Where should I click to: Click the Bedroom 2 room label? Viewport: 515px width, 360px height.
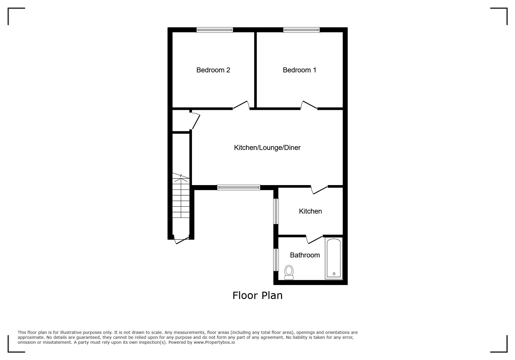tap(213, 70)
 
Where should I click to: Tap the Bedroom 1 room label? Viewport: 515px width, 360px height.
tap(300, 70)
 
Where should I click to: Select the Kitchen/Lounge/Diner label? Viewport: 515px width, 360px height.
tap(267, 148)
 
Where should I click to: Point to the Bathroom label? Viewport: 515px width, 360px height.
tap(305, 255)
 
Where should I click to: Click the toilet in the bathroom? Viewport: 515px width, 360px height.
tap(289, 272)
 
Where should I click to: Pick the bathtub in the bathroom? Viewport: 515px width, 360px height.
tap(334, 258)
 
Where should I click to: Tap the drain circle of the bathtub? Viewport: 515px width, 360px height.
tap(334, 274)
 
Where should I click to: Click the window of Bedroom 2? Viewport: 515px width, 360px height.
tap(215, 30)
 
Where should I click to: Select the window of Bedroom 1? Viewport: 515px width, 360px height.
tap(302, 30)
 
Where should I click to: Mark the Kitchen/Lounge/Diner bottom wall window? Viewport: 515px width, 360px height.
tap(239, 187)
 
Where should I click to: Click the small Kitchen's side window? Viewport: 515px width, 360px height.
tap(276, 211)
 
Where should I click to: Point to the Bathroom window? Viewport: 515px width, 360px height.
tap(276, 260)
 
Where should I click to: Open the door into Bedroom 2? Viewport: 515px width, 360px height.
tap(241, 105)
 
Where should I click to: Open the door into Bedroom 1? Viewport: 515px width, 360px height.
tap(309, 105)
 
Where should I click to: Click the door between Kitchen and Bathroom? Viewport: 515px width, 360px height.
tap(314, 239)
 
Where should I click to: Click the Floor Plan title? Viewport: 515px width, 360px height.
tap(257, 295)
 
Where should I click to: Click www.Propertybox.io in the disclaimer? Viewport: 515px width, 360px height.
tap(214, 342)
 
